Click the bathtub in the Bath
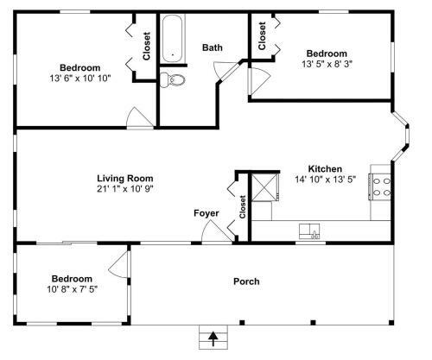point(172,39)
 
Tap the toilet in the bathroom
point(173,79)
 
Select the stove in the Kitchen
point(379,187)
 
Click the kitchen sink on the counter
point(309,231)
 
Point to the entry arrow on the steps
point(213,338)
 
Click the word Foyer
point(206,213)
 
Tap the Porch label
point(246,281)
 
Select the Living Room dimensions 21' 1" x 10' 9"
point(125,189)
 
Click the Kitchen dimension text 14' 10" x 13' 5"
point(325,180)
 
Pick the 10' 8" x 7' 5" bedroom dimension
point(73,289)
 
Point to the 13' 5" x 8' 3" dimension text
point(327,64)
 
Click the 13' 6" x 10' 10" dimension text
point(80,78)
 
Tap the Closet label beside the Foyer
point(243,206)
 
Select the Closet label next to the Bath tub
point(147,46)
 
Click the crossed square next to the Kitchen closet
point(264,187)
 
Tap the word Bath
point(213,47)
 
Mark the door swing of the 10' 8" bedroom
point(118,265)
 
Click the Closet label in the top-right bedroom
point(262,35)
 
